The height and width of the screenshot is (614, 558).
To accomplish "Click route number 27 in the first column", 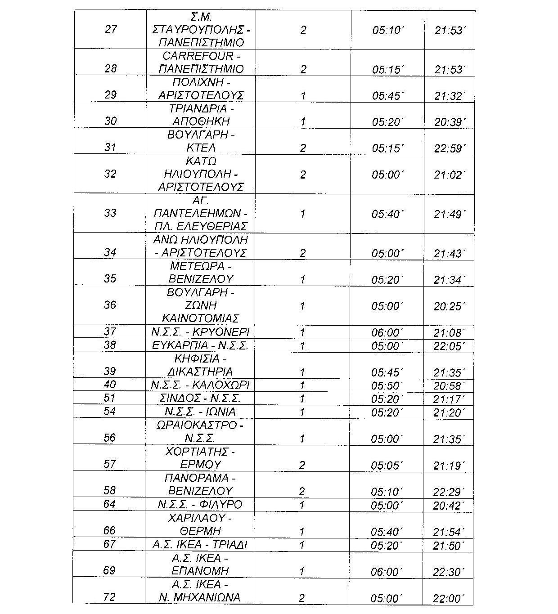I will [x=110, y=30].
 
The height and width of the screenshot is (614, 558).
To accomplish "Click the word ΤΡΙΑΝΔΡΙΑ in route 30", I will [x=201, y=108].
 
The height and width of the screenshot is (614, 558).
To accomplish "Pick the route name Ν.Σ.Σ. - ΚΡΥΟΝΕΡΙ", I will [x=200, y=332].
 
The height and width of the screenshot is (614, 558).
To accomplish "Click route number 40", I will [x=110, y=385].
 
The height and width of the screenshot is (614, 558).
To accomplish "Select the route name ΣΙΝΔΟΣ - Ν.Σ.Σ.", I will [x=200, y=398].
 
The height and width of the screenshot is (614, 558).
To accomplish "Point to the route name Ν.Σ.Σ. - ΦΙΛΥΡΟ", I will [x=200, y=504].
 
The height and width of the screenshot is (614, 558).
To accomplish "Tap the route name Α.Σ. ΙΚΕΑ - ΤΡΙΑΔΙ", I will [x=200, y=545].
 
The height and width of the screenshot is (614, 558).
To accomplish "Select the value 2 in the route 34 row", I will [x=302, y=253].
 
